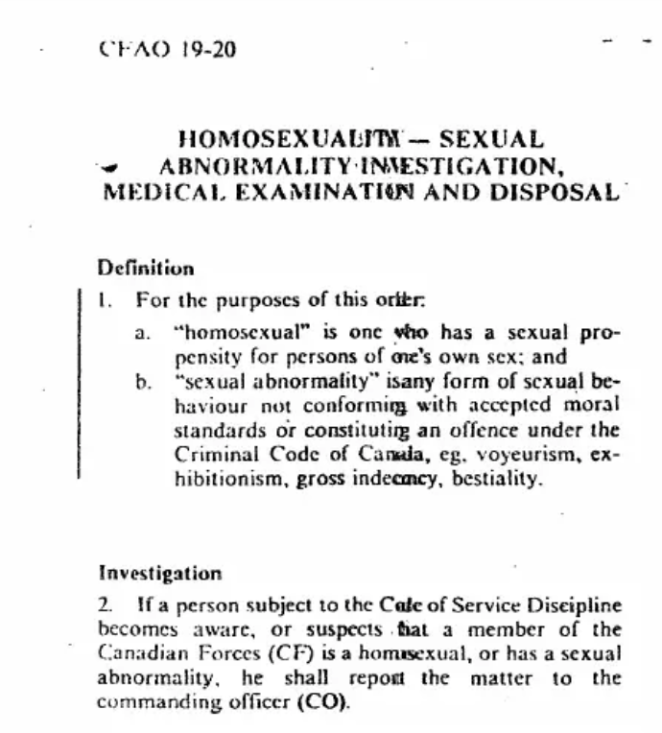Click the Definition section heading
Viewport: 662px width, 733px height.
tap(146, 269)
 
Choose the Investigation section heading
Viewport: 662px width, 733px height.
tap(160, 574)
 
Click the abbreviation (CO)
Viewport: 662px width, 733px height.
tap(325, 702)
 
